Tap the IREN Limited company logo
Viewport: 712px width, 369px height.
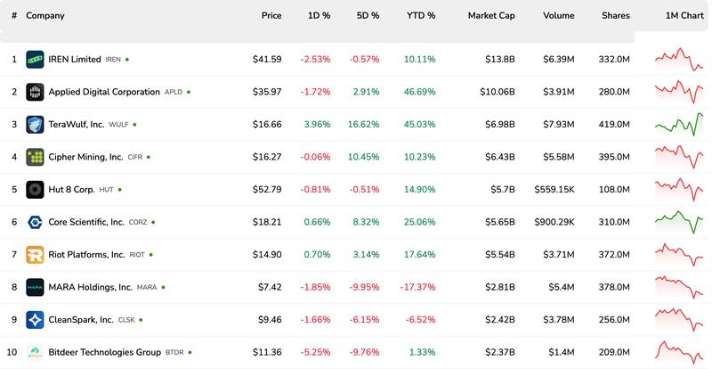[35, 60]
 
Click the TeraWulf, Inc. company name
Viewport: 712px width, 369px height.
[76, 125]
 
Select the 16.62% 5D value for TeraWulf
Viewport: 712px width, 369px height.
[362, 125]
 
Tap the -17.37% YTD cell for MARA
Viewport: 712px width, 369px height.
[415, 287]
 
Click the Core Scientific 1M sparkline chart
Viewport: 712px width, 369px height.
[679, 221]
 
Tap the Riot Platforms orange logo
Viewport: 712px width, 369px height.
[35, 255]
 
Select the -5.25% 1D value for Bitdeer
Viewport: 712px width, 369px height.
[315, 352]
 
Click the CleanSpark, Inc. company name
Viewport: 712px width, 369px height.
[81, 319]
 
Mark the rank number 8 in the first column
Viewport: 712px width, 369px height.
[14, 287]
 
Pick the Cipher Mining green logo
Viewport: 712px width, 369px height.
[35, 157]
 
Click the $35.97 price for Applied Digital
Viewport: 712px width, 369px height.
[267, 92]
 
